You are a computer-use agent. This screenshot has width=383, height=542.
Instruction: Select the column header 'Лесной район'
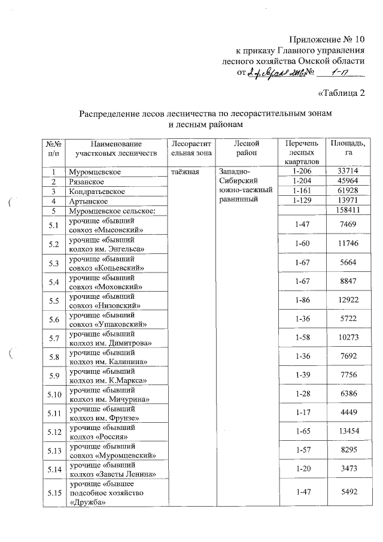(246, 149)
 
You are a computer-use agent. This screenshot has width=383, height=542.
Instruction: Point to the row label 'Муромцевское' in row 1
(95, 172)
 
